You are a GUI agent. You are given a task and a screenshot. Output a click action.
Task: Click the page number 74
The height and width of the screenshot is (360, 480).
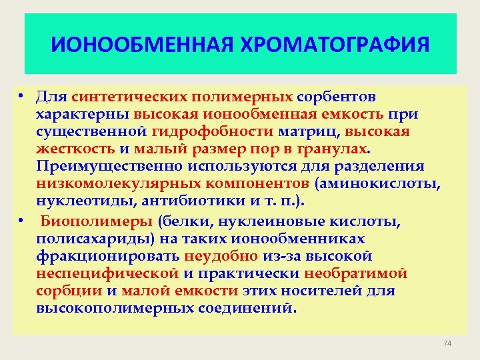pyautogui.click(x=447, y=343)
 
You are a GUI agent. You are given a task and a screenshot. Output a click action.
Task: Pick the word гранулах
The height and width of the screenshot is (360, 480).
pyautogui.click(x=330, y=149)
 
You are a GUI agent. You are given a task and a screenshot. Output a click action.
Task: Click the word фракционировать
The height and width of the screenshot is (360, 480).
pyautogui.click(x=108, y=256)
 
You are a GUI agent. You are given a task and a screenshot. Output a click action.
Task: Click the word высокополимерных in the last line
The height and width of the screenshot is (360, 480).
pyautogui.click(x=115, y=308)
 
